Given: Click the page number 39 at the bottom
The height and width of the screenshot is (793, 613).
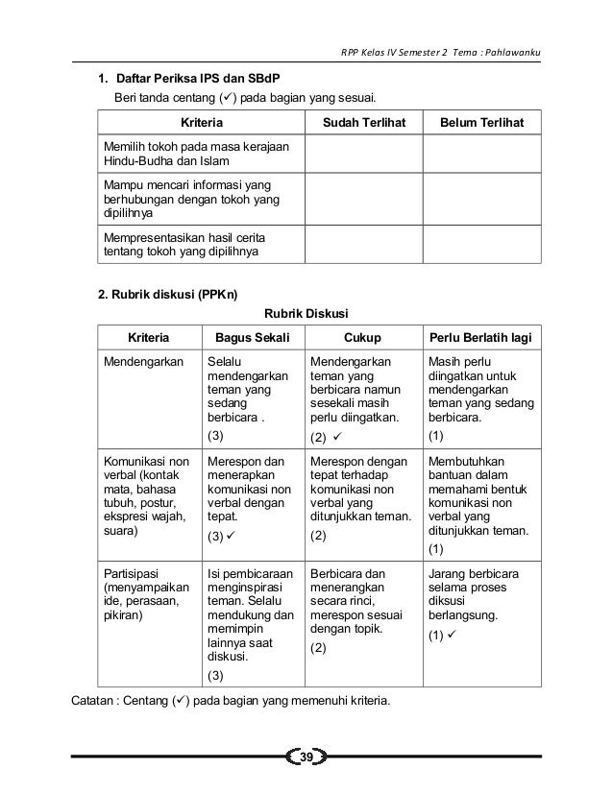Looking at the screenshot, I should (x=306, y=759).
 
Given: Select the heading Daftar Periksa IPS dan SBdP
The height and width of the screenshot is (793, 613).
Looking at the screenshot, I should (x=199, y=78).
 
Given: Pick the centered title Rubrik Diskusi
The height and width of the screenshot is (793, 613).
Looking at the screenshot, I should (x=306, y=313).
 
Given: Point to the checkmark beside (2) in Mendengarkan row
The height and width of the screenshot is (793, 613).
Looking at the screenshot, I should (x=338, y=438).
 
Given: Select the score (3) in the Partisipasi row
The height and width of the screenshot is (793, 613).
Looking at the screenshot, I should (x=217, y=676).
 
